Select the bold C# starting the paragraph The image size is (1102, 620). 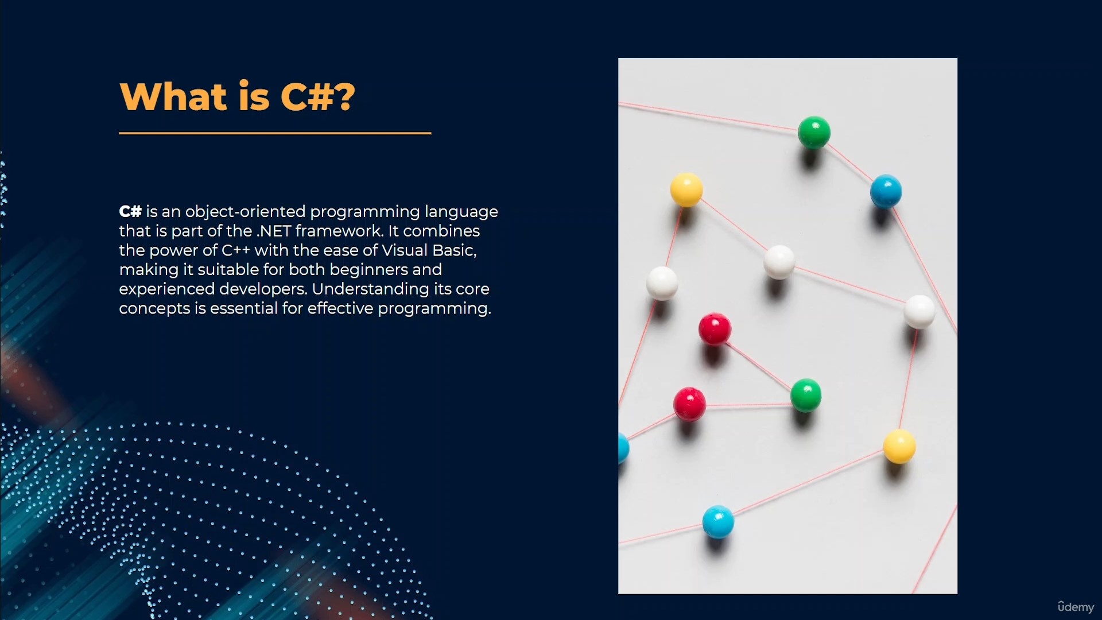(x=130, y=211)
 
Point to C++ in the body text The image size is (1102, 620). (x=236, y=250)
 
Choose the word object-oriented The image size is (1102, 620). (x=245, y=212)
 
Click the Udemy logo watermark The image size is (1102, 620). (x=1076, y=607)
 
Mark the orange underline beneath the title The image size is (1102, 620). (x=275, y=133)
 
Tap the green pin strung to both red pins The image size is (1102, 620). (x=806, y=395)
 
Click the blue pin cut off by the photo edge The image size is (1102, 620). (x=623, y=448)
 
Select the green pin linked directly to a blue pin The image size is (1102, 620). (x=814, y=133)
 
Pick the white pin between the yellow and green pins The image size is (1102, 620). (x=779, y=262)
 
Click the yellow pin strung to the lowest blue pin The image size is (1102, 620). (x=899, y=446)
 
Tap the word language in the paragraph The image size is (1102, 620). (x=461, y=212)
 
